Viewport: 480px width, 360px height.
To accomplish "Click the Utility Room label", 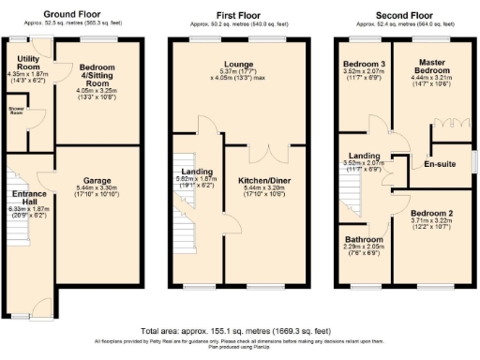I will click(29, 63).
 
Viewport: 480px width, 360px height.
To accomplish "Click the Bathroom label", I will click(363, 238).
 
